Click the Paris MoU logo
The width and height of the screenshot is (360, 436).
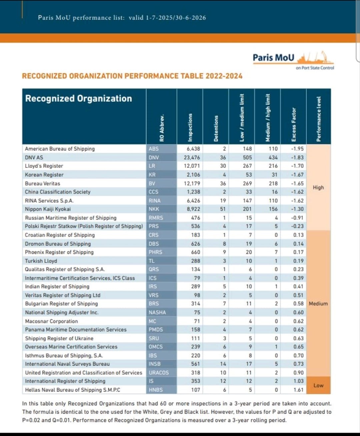[x=293, y=60]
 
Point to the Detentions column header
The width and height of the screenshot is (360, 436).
[x=216, y=128]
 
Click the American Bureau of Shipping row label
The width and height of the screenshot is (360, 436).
[x=60, y=149]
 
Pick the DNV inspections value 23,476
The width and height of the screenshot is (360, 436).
[x=192, y=157]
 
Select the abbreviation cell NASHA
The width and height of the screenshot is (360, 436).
[x=157, y=313]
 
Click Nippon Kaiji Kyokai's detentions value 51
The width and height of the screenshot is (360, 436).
[x=223, y=209]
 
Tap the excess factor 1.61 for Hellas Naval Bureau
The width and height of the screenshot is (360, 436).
[x=298, y=390]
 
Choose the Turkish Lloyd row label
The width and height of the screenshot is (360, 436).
[x=41, y=261]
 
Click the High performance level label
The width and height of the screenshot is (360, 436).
[x=318, y=187]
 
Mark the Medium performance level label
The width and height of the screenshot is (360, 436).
[x=318, y=304]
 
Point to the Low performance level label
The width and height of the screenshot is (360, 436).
[x=318, y=385]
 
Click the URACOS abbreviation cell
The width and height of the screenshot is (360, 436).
[x=159, y=373]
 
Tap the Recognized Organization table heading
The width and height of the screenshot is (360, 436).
[x=79, y=98]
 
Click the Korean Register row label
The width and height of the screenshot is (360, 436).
[x=44, y=174]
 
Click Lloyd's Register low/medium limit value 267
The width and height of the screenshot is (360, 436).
[x=247, y=166]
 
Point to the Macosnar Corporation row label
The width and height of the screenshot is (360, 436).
[x=51, y=321]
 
